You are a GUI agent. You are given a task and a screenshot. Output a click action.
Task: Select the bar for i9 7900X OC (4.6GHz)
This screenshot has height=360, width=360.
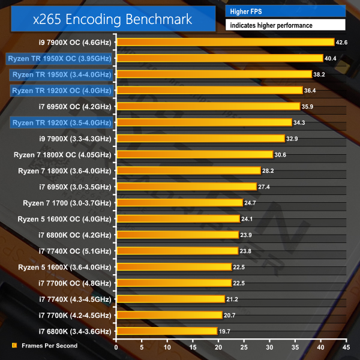[225, 42]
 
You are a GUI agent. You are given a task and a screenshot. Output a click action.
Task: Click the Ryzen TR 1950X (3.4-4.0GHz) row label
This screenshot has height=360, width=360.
[61, 74]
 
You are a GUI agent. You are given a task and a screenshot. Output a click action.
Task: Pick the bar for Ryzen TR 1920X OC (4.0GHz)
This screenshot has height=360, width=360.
[209, 90]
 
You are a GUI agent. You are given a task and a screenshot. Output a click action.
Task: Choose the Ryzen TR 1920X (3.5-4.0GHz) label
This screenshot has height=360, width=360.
[61, 122]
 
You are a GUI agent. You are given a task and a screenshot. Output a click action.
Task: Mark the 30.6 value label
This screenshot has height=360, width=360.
[281, 154]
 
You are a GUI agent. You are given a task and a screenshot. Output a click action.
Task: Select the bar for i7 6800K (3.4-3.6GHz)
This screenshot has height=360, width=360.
[166, 331]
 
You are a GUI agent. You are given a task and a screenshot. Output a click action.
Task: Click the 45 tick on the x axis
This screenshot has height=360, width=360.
[346, 347]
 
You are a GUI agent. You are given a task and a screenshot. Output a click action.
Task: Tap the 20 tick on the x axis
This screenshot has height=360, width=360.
[218, 347]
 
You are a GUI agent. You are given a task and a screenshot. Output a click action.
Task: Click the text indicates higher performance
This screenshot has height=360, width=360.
[286, 25]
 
